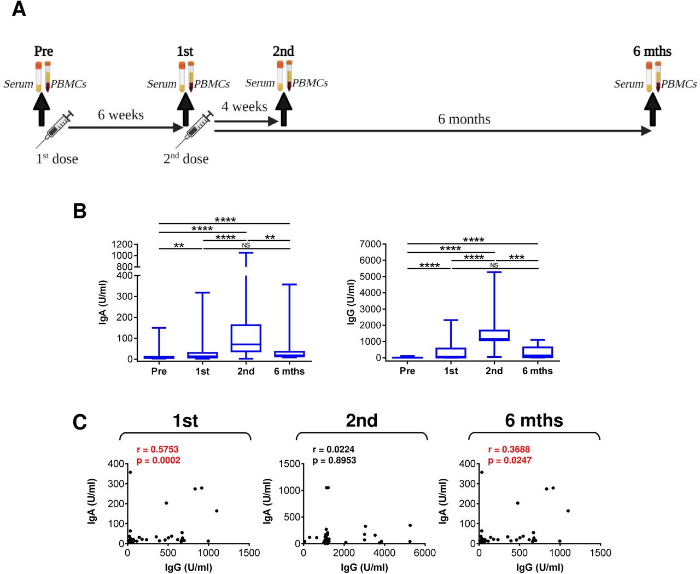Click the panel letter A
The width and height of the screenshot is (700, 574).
tap(19, 9)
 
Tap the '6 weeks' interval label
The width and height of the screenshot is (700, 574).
tap(121, 115)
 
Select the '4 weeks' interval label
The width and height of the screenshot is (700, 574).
tap(244, 107)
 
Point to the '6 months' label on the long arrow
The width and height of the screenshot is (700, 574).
tap(464, 119)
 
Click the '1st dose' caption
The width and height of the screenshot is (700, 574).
tap(57, 159)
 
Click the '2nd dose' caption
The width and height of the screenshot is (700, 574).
tap(186, 159)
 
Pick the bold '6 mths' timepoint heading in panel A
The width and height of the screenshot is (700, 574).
tap(652, 51)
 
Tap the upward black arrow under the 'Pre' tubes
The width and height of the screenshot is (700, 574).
tap(42, 109)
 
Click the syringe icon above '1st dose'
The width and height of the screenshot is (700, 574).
tap(55, 128)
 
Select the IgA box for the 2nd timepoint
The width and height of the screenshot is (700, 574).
tap(246, 338)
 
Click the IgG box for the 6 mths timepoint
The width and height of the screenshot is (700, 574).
tap(538, 352)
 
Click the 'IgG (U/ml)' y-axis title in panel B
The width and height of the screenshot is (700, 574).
tap(351, 302)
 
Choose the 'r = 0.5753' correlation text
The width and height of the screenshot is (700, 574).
tap(157, 449)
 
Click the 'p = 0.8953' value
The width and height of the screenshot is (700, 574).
tap(334, 460)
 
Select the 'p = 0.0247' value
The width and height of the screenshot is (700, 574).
tap(510, 460)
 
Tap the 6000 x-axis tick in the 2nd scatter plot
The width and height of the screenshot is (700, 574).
tap(424, 553)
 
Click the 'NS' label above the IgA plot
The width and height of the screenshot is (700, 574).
tap(246, 245)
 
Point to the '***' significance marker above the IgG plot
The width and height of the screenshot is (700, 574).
tap(516, 257)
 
